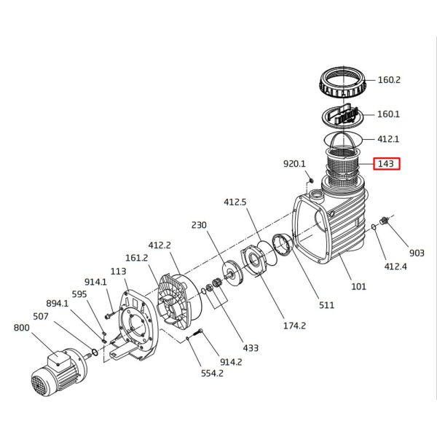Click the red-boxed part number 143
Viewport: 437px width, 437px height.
385,164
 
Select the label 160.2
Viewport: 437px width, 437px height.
389,79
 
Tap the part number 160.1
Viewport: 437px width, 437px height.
389,114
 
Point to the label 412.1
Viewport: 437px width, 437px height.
388,138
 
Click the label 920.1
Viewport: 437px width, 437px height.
294,165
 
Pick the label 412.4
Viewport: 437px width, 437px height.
395,267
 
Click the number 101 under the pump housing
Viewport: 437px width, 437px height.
359,286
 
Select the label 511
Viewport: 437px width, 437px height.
327,304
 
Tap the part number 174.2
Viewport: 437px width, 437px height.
295,326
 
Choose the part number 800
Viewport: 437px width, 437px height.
23,328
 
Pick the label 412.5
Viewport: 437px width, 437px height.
235,202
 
